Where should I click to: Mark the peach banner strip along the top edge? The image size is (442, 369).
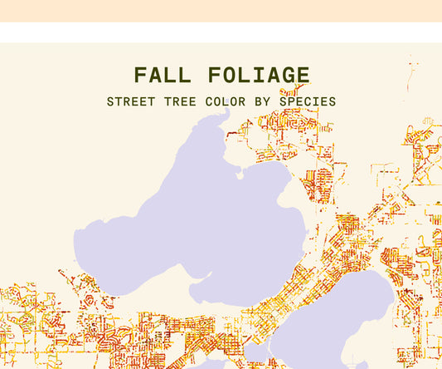click(x=221, y=10)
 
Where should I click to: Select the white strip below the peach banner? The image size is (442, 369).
click(x=221, y=32)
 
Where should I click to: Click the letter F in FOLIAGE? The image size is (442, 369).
click(x=211, y=76)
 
